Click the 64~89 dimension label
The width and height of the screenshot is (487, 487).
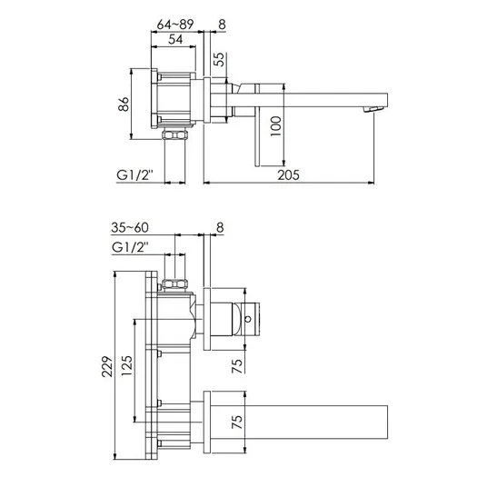[175, 25]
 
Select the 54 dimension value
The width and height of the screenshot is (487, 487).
[175, 39]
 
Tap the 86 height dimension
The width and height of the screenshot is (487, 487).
[124, 104]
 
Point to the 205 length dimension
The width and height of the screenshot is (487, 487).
[289, 175]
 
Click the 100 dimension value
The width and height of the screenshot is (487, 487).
[276, 126]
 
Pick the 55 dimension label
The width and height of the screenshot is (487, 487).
[219, 59]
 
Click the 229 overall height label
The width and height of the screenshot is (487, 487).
[107, 366]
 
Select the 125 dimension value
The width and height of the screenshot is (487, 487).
[127, 365]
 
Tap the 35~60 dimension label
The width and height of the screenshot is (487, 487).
[130, 228]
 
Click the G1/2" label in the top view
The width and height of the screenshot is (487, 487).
[134, 175]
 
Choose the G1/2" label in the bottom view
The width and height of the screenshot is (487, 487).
[130, 247]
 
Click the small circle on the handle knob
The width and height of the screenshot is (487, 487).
[248, 319]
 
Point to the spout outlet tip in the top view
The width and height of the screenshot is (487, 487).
[374, 109]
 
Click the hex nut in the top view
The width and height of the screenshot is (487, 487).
[174, 135]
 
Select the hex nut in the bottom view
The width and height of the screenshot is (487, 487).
[175, 283]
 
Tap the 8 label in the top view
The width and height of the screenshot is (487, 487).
[222, 25]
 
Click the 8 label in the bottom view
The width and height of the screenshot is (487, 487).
[220, 228]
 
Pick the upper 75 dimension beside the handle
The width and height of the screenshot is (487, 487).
[237, 366]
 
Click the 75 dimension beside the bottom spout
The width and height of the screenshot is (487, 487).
[237, 422]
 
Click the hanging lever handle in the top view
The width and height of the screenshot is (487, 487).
[257, 125]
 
